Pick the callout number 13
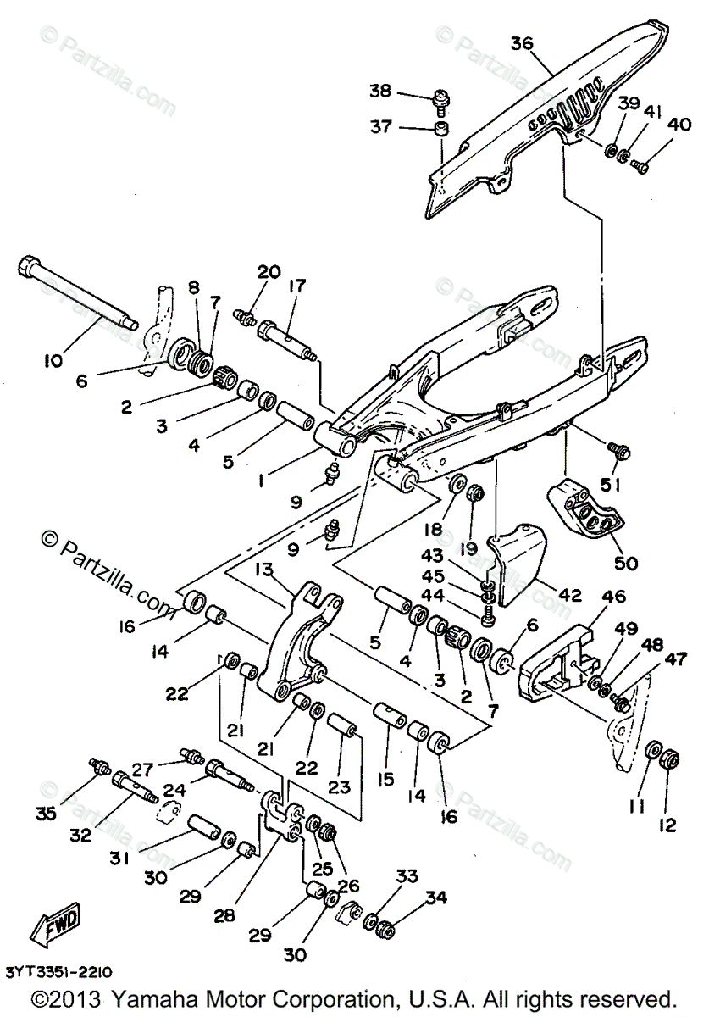tap(263, 568)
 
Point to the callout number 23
tap(340, 786)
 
